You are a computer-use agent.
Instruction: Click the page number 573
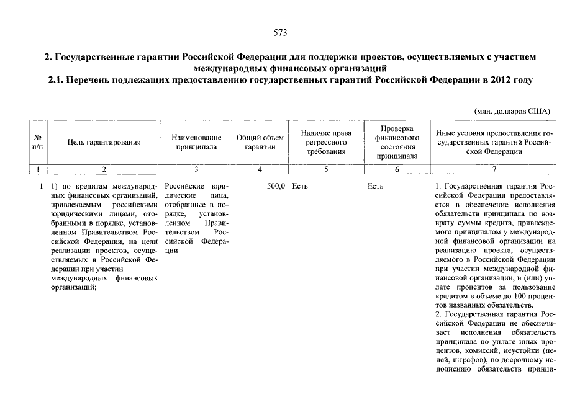280,32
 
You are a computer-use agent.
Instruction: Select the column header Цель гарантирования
104,142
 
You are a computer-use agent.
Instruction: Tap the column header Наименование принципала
196,142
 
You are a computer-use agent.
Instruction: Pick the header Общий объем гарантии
260,142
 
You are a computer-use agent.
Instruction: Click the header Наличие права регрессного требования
326,142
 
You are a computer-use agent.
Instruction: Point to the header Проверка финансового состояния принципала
397,142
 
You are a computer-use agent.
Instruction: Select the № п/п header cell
38,142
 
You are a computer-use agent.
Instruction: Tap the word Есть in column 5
300,186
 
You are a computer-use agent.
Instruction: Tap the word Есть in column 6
375,186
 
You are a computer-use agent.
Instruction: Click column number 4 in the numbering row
260,169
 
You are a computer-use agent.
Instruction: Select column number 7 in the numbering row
494,169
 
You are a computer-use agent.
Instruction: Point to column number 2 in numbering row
104,169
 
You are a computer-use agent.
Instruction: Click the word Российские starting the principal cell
183,186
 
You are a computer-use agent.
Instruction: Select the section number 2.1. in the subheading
55,80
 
